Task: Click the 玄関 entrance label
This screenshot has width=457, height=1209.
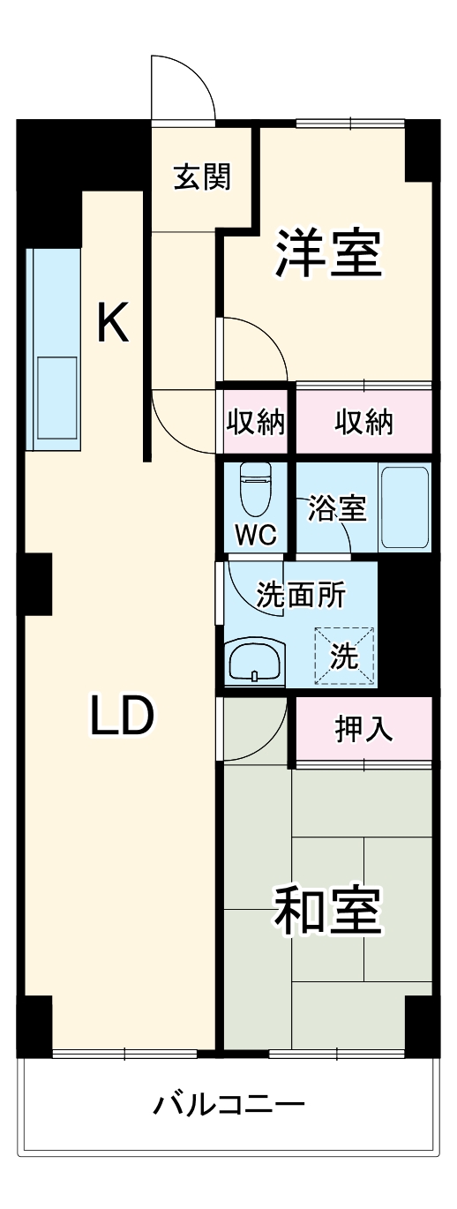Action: pyautogui.click(x=202, y=176)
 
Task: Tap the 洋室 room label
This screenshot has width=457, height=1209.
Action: pyautogui.click(x=327, y=252)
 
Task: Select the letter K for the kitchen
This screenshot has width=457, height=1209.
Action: pyautogui.click(x=112, y=323)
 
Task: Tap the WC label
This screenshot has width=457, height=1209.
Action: pyautogui.click(x=256, y=533)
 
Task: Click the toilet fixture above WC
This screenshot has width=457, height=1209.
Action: pyautogui.click(x=256, y=491)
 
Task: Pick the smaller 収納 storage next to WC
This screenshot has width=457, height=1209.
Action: pyautogui.click(x=256, y=423)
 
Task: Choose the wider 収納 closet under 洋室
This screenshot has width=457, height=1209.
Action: pyautogui.click(x=363, y=423)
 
